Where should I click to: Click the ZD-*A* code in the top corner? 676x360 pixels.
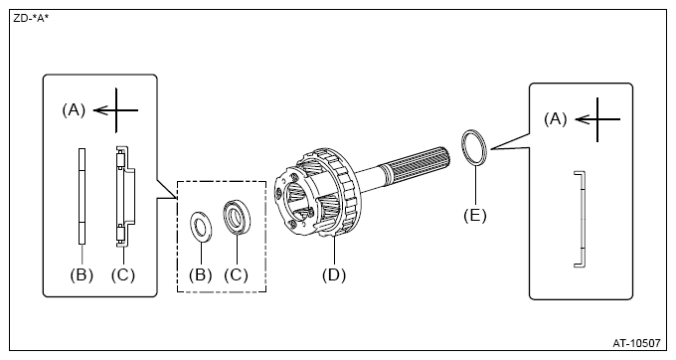click(31, 18)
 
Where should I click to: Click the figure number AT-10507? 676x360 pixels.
click(636, 343)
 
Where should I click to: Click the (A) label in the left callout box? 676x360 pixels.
click(74, 110)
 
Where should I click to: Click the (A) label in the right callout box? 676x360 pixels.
click(556, 118)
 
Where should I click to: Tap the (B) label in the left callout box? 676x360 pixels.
click(82, 274)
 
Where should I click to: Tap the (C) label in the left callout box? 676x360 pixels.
click(123, 274)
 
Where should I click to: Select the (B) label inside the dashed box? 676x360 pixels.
click(201, 274)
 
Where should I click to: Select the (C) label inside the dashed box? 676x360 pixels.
click(236, 274)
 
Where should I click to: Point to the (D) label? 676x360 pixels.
click(334, 274)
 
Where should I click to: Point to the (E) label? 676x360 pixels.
click(474, 215)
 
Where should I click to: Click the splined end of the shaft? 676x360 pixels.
click(421, 161)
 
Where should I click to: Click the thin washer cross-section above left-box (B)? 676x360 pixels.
click(82, 196)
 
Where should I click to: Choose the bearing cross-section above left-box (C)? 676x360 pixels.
click(125, 197)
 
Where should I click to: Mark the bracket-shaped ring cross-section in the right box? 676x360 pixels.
click(584, 220)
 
